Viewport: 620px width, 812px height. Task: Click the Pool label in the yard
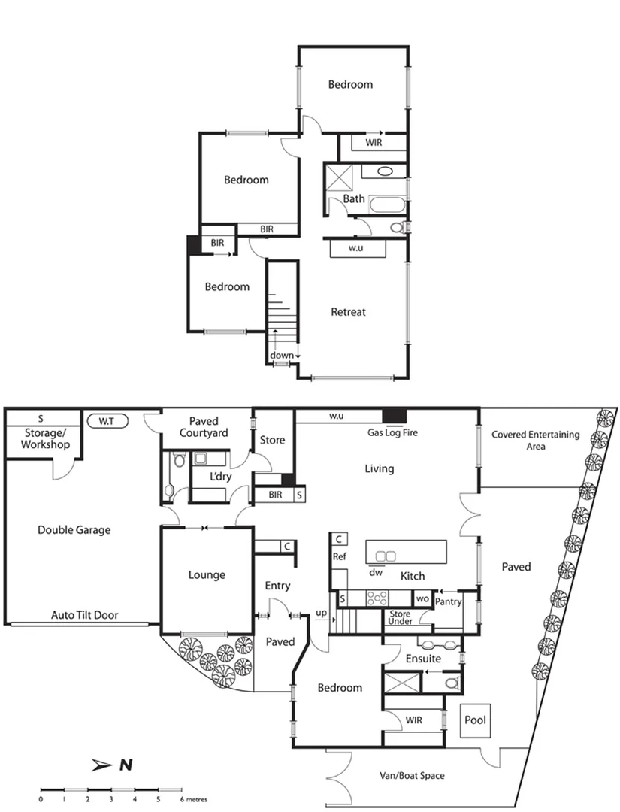[x=475, y=720]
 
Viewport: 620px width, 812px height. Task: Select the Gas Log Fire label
[x=392, y=433]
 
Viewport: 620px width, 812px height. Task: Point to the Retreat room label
[x=348, y=311]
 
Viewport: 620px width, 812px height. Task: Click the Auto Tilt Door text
[x=84, y=615]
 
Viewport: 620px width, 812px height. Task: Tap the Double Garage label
[x=74, y=530]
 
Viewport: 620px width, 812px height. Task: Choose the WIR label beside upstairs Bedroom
[x=374, y=142]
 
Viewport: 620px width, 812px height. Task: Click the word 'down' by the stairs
[x=282, y=356]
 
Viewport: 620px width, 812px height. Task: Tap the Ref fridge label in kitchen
[x=339, y=556]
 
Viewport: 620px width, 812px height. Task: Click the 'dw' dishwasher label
[x=377, y=571]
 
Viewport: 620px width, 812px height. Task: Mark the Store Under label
[x=400, y=618]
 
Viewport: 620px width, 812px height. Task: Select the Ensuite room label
[x=423, y=659]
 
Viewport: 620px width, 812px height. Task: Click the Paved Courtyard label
[x=204, y=427]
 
